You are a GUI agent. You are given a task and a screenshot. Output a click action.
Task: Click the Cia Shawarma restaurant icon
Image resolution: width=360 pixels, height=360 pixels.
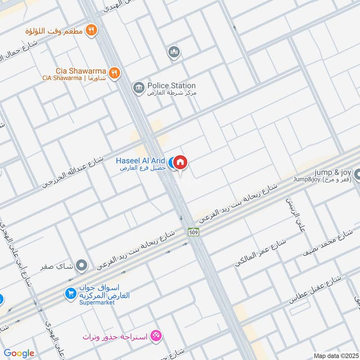click(x=114, y=73)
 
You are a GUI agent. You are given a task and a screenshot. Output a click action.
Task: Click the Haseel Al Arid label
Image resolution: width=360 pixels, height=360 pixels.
click(x=140, y=161)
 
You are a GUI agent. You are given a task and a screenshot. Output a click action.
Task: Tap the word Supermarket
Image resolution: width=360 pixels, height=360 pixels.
click(x=97, y=303)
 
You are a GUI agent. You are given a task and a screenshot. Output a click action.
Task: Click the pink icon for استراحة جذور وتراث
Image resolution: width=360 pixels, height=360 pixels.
click(x=156, y=335)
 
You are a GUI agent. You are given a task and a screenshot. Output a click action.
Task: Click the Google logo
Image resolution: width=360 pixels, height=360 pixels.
click(x=19, y=353)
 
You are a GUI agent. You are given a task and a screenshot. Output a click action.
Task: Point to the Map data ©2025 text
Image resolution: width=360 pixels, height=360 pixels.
click(x=335, y=355)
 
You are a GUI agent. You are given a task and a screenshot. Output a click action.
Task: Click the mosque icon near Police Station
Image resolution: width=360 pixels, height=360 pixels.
click(x=174, y=53)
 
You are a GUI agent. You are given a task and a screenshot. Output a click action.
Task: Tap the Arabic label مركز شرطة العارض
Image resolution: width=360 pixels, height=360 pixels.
click(x=173, y=93)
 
